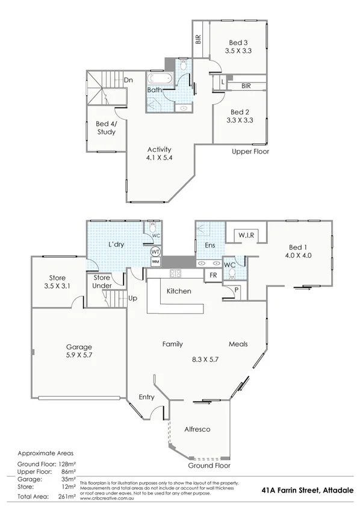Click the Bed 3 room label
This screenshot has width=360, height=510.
(238, 42)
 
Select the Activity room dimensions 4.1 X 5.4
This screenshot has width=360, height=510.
(160, 158)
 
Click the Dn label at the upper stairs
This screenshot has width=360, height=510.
(128, 79)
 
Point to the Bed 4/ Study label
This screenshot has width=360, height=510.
(106, 128)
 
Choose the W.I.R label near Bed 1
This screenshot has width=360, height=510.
(244, 234)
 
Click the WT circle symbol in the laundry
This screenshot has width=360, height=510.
(155, 251)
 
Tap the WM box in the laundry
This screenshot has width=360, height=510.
(155, 262)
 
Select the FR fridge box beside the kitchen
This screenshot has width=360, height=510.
(213, 275)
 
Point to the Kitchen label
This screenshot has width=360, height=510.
(179, 291)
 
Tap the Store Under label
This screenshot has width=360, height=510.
(102, 282)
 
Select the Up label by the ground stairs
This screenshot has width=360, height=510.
(133, 297)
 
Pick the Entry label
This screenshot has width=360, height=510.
(146, 397)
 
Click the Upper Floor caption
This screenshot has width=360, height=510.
(250, 151)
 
